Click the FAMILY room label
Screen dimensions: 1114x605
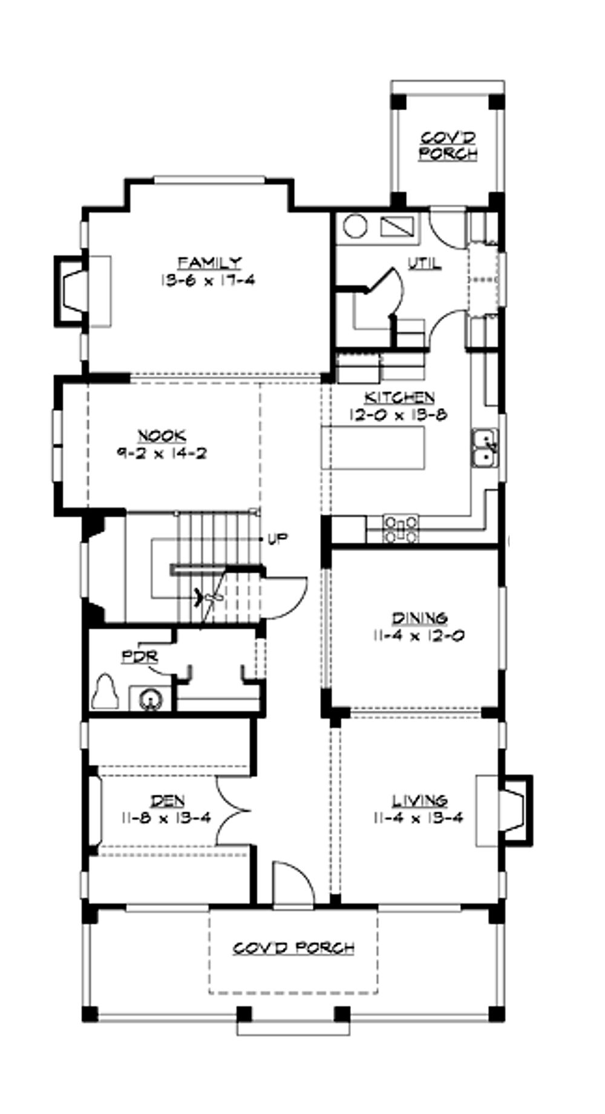click(x=209, y=263)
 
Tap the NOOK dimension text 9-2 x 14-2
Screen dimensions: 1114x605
click(x=162, y=453)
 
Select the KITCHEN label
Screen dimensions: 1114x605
click(x=399, y=398)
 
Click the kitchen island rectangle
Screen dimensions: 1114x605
click(x=373, y=447)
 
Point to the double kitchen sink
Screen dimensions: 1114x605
click(x=485, y=449)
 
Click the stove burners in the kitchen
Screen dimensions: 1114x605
click(x=401, y=528)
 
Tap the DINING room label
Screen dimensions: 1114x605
click(x=420, y=618)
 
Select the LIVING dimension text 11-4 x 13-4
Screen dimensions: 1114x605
click(x=419, y=819)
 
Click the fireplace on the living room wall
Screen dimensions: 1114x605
click(x=511, y=810)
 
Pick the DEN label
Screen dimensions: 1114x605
click(x=168, y=801)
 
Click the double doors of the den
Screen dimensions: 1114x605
click(x=233, y=811)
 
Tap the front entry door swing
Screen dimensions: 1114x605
click(x=293, y=884)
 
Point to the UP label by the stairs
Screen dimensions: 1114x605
click(x=278, y=538)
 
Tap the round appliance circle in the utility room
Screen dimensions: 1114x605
click(x=355, y=226)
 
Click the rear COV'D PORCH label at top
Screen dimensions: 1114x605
click(x=448, y=146)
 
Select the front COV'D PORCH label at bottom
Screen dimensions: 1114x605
click(x=294, y=948)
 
